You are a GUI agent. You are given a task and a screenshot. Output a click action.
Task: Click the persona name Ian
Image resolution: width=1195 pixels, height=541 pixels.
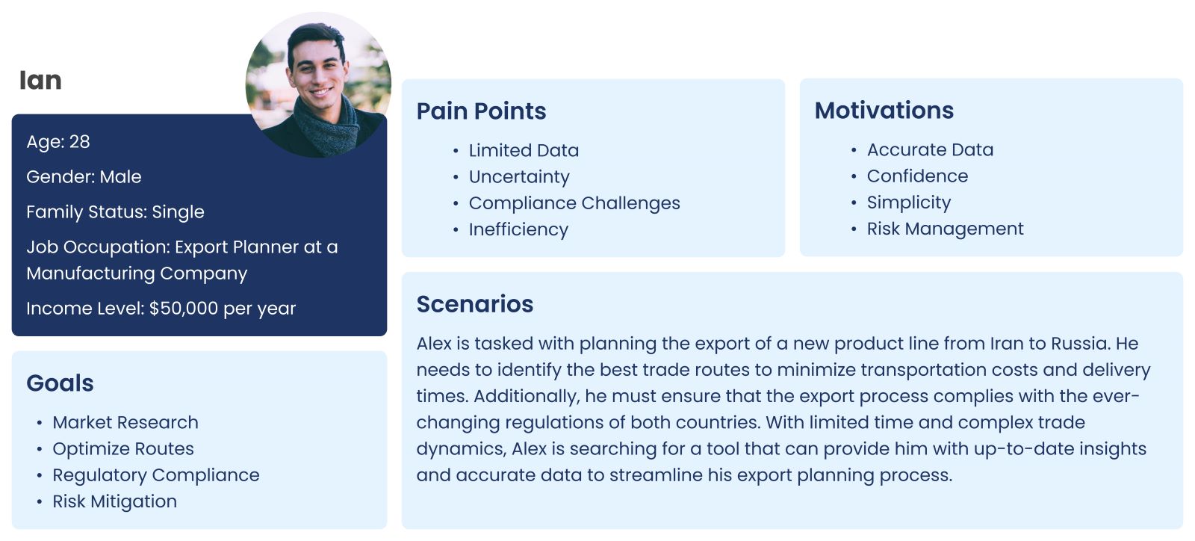(x=40, y=81)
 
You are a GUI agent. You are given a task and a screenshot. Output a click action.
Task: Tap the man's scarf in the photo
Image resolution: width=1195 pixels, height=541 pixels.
(x=326, y=126)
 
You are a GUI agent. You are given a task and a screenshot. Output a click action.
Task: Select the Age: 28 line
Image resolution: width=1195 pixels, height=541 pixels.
(x=58, y=141)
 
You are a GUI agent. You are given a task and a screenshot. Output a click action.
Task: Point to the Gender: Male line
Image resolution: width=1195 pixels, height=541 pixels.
(x=84, y=176)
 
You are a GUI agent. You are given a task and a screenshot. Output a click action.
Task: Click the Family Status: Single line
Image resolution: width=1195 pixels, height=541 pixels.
(x=115, y=212)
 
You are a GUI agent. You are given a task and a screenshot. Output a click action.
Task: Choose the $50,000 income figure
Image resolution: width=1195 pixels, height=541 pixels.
(x=184, y=309)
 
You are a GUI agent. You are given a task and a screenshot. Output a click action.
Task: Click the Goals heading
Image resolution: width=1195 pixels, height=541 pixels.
(x=60, y=383)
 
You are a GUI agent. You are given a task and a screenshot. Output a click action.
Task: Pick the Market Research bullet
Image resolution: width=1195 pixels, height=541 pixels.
(x=125, y=422)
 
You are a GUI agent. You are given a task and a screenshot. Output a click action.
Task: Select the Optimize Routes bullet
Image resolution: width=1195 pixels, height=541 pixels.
(x=123, y=449)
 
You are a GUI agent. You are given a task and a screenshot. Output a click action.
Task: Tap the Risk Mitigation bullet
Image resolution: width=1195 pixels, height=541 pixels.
(x=115, y=501)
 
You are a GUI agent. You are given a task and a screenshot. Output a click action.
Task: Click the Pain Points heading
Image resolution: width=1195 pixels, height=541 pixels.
(x=481, y=111)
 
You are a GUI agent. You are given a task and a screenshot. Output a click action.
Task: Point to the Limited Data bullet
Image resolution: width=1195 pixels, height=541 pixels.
(x=524, y=150)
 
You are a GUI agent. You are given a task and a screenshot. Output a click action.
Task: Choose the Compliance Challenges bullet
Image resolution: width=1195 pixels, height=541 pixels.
(x=574, y=203)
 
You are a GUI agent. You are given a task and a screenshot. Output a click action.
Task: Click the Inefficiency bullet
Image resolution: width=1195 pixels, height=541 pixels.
(x=518, y=229)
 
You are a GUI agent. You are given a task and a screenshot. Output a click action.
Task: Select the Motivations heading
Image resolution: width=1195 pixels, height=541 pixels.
(x=884, y=111)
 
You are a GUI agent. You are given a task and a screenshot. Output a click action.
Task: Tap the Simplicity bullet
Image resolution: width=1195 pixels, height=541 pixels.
(x=908, y=203)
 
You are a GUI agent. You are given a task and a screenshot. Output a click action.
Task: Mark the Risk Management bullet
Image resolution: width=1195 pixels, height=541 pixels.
(x=946, y=229)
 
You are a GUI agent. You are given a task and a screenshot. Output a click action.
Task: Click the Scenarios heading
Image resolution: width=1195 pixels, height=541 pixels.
(x=475, y=304)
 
